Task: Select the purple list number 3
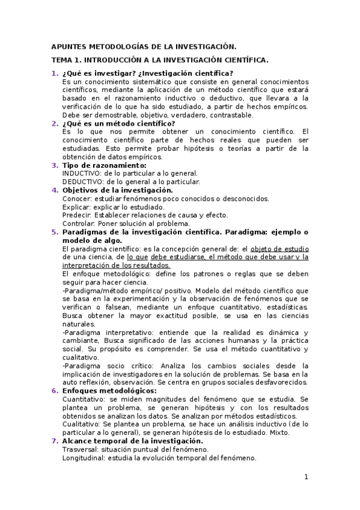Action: coord(54,165)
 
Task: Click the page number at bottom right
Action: coord(306,478)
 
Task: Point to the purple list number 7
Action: coord(54,441)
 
